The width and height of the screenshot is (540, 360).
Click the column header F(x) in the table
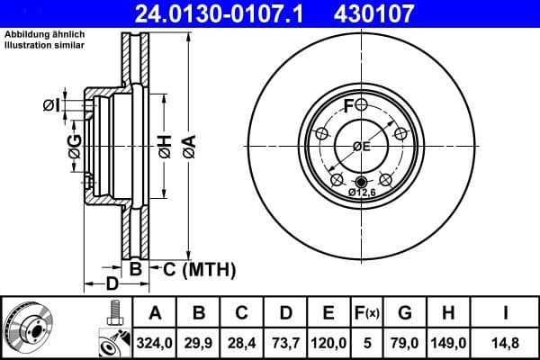367,313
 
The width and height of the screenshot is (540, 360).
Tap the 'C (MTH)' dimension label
193,268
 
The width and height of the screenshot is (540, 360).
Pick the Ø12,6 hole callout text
361,192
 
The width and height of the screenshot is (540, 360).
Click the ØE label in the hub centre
362,147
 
